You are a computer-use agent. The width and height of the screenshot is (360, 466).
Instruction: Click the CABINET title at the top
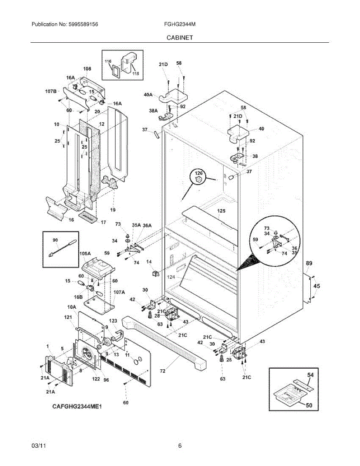click(x=180, y=38)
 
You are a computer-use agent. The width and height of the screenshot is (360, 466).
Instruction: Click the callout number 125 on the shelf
click(x=221, y=211)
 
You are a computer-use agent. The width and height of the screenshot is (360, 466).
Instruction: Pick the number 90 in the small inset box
click(x=55, y=240)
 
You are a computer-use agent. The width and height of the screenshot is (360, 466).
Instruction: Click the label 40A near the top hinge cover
click(x=148, y=94)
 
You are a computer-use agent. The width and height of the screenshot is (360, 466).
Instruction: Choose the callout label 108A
click(x=85, y=253)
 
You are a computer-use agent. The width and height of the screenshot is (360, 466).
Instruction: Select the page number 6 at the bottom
click(x=180, y=446)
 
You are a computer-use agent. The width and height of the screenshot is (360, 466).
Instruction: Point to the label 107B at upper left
click(x=51, y=92)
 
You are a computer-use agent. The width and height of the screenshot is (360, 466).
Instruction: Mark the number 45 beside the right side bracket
click(x=317, y=286)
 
